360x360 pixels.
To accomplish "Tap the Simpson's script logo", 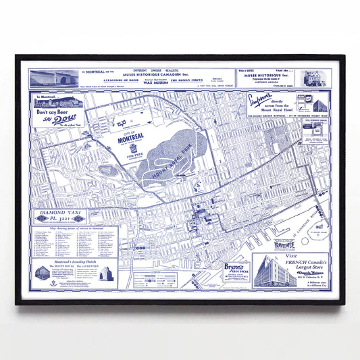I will tap(264, 100).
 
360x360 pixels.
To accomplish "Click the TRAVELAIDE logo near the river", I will tap(292, 248).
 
